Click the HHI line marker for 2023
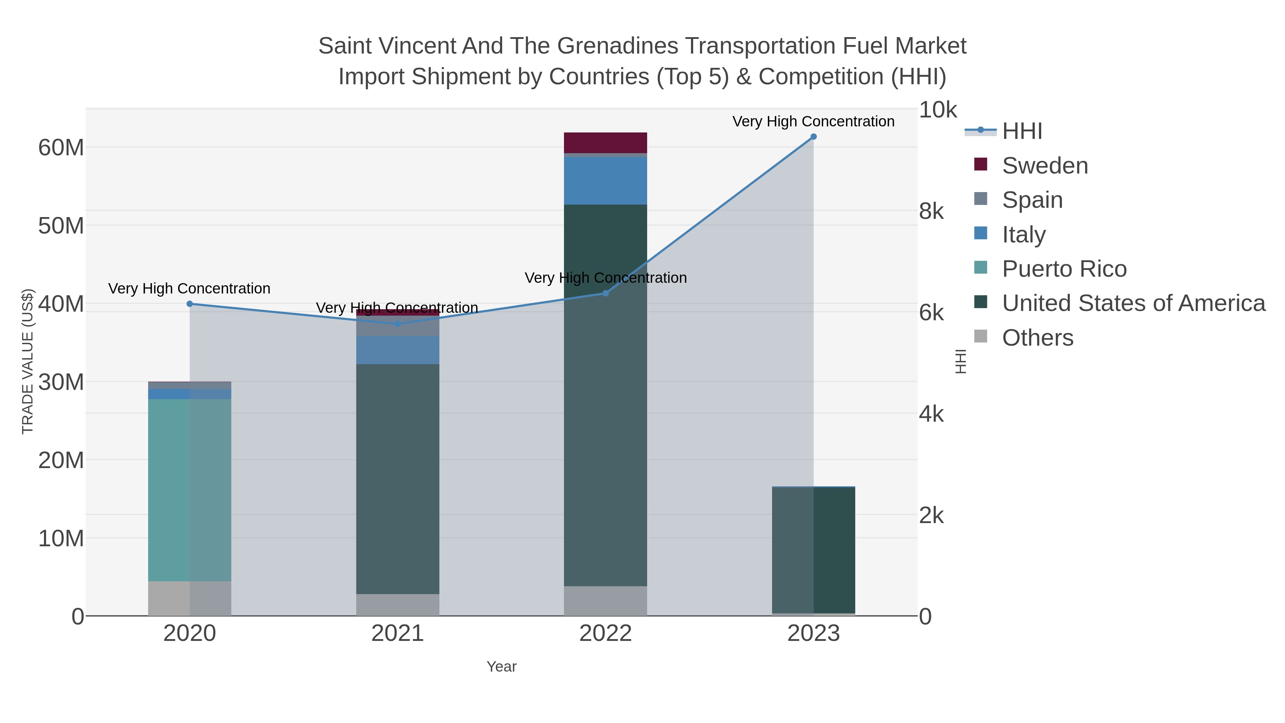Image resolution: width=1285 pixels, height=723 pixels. pyautogui.click(x=813, y=137)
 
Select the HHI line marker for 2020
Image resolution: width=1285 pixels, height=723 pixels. pyautogui.click(x=190, y=304)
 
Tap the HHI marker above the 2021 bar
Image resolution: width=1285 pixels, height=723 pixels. pyautogui.click(x=398, y=324)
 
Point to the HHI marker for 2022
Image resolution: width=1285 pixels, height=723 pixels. pyautogui.click(x=606, y=293)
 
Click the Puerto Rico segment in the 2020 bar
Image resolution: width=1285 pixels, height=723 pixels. pyautogui.click(x=190, y=489)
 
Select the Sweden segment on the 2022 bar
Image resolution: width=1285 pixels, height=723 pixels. pyautogui.click(x=606, y=143)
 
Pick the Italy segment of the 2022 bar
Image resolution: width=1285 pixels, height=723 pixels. pyautogui.click(x=606, y=181)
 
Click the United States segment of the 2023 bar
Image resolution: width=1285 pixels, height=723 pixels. pyautogui.click(x=813, y=549)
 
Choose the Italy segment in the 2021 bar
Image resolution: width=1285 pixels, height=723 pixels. pyautogui.click(x=398, y=350)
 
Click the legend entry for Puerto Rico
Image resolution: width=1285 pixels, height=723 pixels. pyautogui.click(x=1064, y=269)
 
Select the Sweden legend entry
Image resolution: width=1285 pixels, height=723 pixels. pyautogui.click(x=1044, y=166)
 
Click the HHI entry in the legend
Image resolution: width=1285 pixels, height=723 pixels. pyautogui.click(x=1022, y=131)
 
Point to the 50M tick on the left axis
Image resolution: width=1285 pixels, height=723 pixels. pyautogui.click(x=61, y=226)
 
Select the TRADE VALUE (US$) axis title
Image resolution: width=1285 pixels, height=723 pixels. pyautogui.click(x=27, y=361)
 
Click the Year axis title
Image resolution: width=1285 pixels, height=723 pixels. pyautogui.click(x=502, y=667)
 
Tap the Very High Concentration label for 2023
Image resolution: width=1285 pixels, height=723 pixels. pyautogui.click(x=813, y=122)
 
